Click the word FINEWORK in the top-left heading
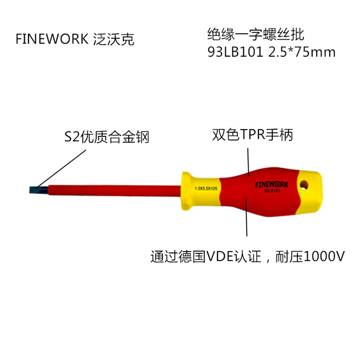click(52, 39)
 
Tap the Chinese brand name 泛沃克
click(114, 39)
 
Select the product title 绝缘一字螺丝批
click(256, 35)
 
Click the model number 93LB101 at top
click(235, 52)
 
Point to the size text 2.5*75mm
click(302, 52)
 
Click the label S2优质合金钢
click(107, 137)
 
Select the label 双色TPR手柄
click(252, 134)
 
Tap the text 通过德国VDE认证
click(206, 256)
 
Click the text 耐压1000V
click(310, 256)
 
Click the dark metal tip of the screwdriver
click(39, 190)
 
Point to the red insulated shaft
click(114, 191)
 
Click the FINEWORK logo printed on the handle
click(272, 185)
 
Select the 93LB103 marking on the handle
click(272, 191)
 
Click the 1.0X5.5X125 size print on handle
click(206, 189)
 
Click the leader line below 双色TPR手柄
click(249, 162)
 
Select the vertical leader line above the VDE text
click(246, 217)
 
